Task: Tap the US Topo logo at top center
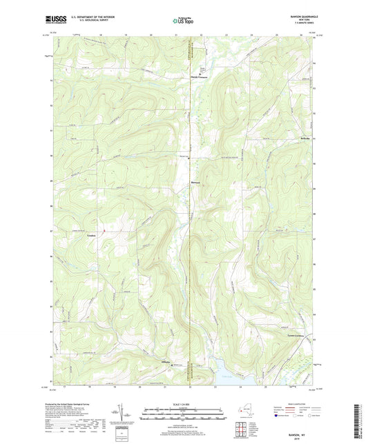(184, 21)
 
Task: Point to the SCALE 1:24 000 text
(184, 405)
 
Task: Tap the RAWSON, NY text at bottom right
(298, 430)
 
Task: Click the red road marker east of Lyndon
(103, 230)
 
